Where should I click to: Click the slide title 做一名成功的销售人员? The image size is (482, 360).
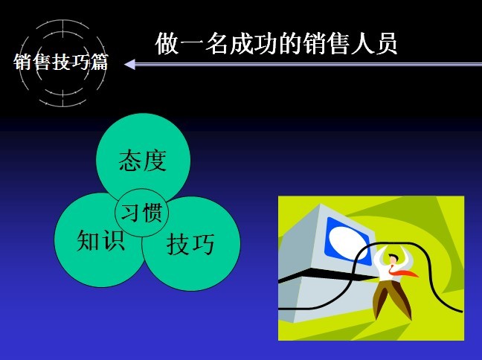pyautogui.click(x=276, y=44)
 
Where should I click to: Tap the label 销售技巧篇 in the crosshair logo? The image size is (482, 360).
pyautogui.click(x=61, y=62)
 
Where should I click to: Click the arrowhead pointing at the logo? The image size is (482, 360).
pyautogui.click(x=129, y=64)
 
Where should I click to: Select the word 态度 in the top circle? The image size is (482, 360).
pyautogui.click(x=143, y=161)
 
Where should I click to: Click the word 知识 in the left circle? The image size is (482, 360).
pyautogui.click(x=101, y=240)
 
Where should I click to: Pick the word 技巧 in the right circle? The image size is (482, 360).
pyautogui.click(x=190, y=244)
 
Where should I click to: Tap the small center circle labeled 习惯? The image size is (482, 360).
pyautogui.click(x=142, y=213)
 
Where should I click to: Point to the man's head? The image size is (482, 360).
pyautogui.click(x=392, y=259)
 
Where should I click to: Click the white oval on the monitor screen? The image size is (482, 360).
pyautogui.click(x=348, y=241)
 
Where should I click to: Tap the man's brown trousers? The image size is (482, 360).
pyautogui.click(x=391, y=299)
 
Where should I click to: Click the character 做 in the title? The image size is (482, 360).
pyautogui.click(x=167, y=44)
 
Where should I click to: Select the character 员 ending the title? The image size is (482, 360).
pyautogui.click(x=386, y=44)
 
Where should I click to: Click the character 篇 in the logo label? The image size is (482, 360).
pyautogui.click(x=99, y=62)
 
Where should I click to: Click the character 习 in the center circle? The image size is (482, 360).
pyautogui.click(x=130, y=213)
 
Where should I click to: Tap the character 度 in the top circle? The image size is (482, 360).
pyautogui.click(x=155, y=161)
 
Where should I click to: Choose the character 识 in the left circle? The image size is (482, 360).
pyautogui.click(x=113, y=240)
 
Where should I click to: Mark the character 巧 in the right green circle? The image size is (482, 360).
pyautogui.click(x=203, y=244)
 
